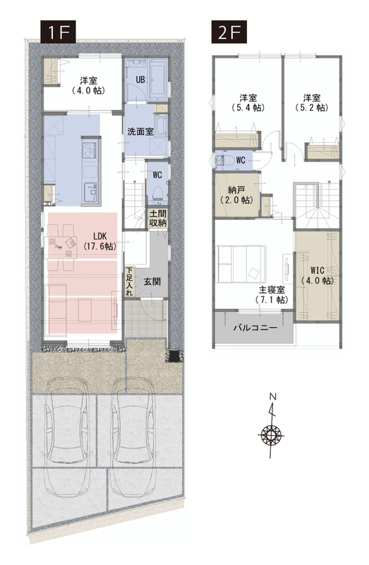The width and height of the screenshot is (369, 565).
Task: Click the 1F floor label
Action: pos(58,32)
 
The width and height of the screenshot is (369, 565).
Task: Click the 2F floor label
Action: pos(229,32)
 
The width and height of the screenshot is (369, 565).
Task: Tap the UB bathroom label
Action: pos(140,79)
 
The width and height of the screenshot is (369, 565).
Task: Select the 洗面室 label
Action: pos(140,131)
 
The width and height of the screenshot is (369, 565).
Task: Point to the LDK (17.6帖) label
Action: pos(99,241)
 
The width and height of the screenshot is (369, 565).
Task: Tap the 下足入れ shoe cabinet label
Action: pos(129,282)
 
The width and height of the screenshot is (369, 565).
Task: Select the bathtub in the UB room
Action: pos(157,79)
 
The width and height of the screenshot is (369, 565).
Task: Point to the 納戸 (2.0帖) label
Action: pos(237,195)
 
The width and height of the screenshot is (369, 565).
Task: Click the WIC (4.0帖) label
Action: pos(317,275)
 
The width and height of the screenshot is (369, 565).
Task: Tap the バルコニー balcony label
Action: pos(255,328)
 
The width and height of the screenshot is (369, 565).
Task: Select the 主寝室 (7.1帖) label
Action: pos(272,295)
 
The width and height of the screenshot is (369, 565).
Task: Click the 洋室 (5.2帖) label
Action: pos(312,102)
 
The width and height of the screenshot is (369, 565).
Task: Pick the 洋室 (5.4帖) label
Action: pos(248,102)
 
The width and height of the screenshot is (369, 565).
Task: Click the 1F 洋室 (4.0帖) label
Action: pos(89,85)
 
